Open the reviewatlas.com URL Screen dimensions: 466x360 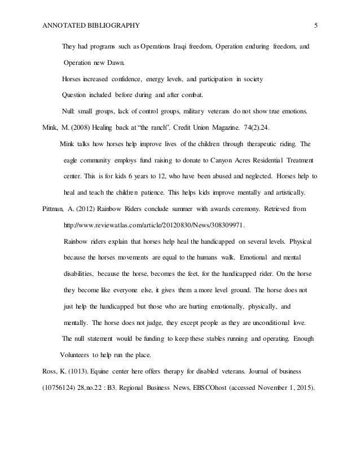(155, 225)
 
